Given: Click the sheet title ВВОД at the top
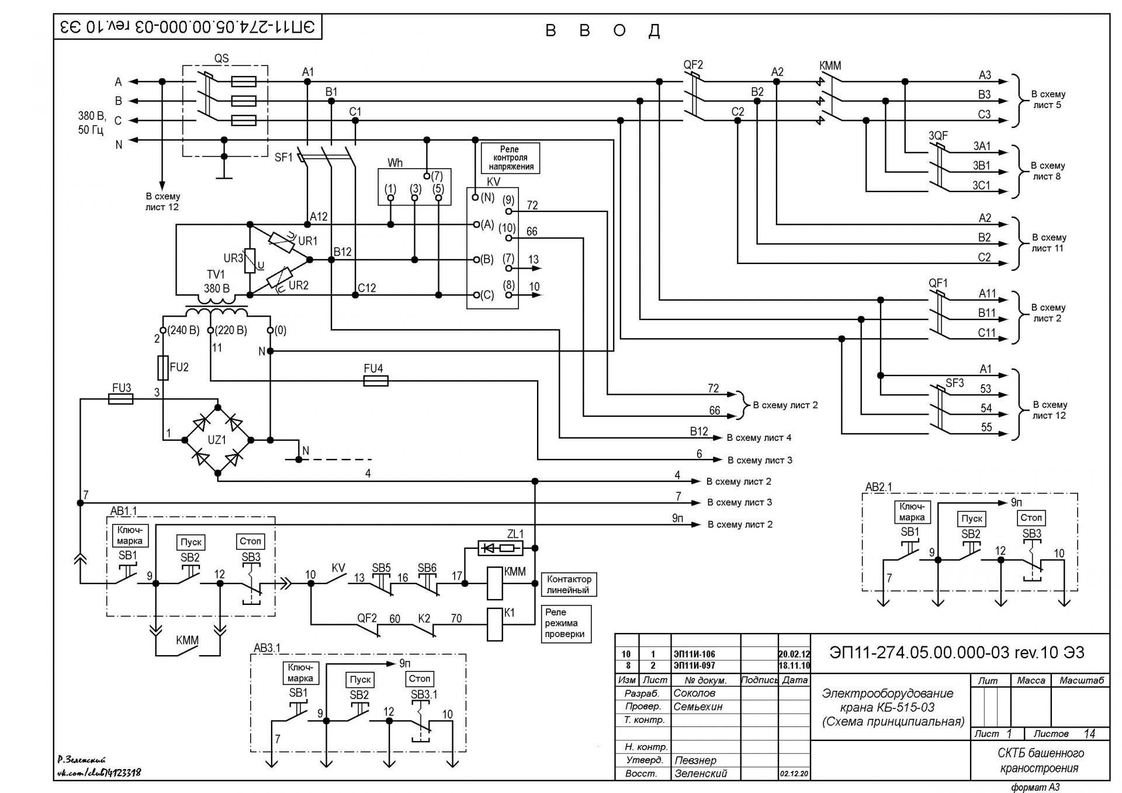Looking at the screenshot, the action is (602, 30).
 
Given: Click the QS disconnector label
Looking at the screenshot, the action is (221, 58).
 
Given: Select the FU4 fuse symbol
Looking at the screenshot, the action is (376, 381).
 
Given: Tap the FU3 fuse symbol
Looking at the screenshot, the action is (121, 399).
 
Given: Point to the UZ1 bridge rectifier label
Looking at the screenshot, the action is (217, 440).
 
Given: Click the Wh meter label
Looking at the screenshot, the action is (395, 163).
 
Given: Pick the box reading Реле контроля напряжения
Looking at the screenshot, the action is (510, 158).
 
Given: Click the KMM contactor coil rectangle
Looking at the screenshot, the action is (494, 583).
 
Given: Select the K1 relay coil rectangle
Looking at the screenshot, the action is (494, 624).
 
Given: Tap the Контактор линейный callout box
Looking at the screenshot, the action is (569, 585).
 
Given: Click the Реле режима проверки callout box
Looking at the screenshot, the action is (566, 623).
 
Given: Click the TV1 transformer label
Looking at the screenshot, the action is (216, 274).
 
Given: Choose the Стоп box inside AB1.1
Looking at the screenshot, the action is (250, 541).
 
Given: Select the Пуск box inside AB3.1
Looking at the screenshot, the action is (361, 680).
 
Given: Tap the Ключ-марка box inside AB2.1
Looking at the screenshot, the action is (912, 512).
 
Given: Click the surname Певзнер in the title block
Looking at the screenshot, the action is (695, 760).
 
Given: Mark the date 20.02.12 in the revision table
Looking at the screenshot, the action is (794, 654).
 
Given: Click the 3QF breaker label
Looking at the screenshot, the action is (938, 135).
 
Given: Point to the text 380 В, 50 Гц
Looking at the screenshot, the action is (92, 123).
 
